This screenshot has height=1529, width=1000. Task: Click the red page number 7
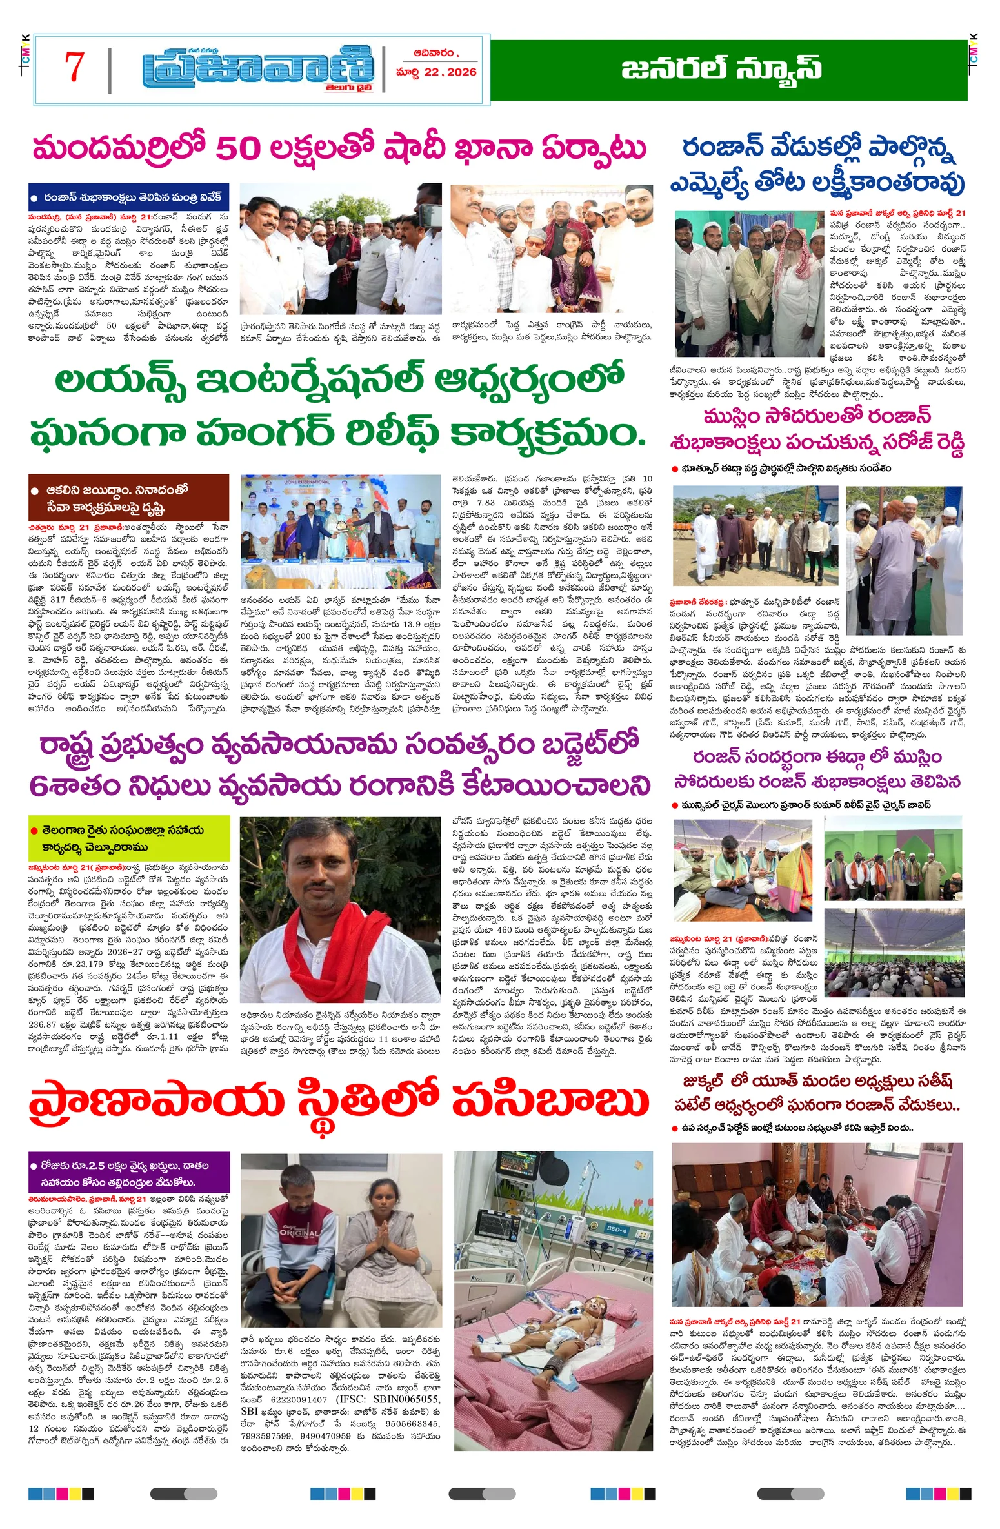74,67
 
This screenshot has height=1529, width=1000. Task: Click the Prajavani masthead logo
258,68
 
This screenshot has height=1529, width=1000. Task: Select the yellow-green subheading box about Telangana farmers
128,838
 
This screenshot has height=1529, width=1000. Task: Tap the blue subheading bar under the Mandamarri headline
128,197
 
